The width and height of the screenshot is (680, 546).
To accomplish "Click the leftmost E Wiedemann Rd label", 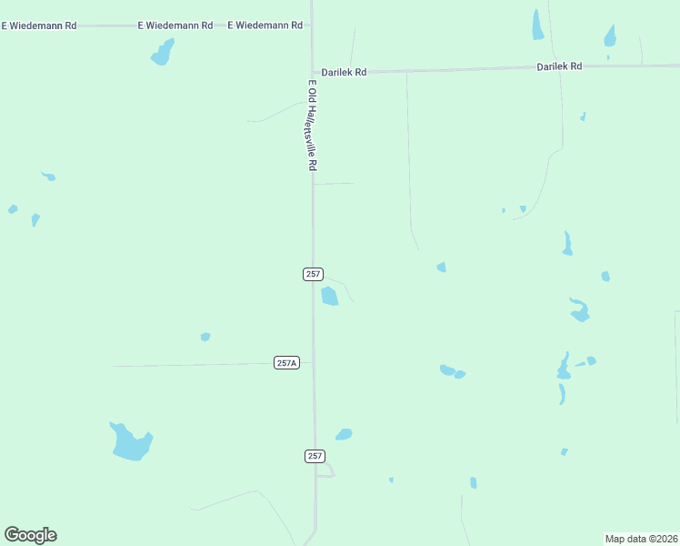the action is (38, 25).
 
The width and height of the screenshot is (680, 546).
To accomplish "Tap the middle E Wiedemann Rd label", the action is (175, 25).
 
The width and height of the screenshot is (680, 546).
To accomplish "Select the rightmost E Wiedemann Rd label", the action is (265, 25).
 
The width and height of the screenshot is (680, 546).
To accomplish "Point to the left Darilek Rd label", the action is (344, 72).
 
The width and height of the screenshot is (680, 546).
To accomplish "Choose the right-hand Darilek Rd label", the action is (559, 66).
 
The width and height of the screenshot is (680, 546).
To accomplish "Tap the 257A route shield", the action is (286, 362).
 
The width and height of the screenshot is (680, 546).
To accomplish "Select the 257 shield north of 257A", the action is (313, 274).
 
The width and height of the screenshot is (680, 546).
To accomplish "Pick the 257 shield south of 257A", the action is (315, 456).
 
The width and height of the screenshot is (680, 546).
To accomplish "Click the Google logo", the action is (31, 535).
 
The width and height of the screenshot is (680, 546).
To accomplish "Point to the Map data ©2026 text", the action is (640, 539).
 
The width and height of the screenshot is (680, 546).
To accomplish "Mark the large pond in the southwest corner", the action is (130, 442).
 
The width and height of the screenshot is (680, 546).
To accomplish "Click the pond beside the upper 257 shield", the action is (329, 296).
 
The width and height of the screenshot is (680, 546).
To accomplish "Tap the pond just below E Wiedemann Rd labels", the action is (163, 53).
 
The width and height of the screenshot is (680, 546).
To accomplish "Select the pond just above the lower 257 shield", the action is (344, 434).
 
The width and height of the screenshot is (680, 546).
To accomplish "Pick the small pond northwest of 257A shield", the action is (205, 337).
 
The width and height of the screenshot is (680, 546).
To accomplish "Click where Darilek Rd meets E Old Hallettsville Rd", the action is (312, 73).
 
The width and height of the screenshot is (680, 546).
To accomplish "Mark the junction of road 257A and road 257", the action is (314, 362).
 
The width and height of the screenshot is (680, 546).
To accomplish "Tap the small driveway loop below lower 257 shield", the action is (327, 470).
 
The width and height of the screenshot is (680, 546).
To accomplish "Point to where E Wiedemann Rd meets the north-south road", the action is (311, 25).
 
